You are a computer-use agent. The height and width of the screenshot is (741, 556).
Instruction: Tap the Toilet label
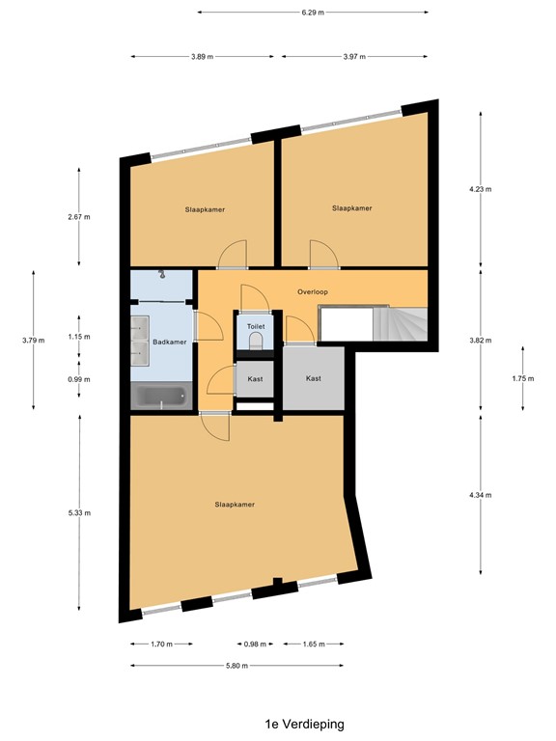(x=255, y=327)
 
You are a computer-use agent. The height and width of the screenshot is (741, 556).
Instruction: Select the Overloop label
(x=314, y=290)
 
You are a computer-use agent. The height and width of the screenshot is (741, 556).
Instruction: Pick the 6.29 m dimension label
(x=312, y=13)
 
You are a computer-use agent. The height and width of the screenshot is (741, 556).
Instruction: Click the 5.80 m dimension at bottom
(x=236, y=665)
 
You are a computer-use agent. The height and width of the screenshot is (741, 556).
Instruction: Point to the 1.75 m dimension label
(x=522, y=378)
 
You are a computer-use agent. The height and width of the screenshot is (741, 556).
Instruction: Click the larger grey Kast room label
(x=314, y=378)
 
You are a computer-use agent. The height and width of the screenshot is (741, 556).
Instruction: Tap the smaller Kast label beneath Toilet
(x=255, y=379)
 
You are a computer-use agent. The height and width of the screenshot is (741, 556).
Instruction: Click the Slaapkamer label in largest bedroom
(x=235, y=504)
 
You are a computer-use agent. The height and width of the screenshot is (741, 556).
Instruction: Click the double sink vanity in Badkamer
(x=142, y=341)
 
